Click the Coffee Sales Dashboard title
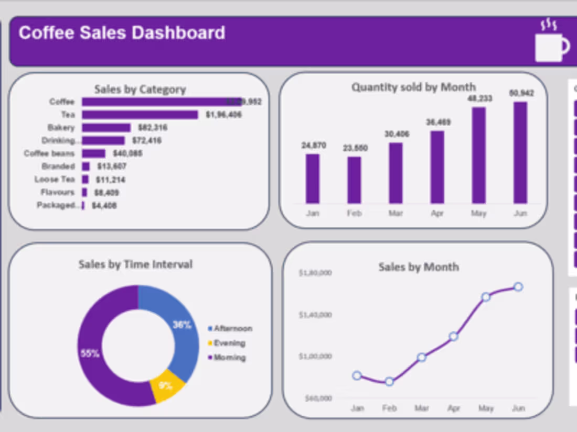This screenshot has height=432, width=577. [122, 33]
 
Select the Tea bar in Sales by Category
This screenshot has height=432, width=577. [140, 115]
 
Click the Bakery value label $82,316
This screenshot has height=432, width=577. [153, 128]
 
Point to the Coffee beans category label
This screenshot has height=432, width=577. [49, 153]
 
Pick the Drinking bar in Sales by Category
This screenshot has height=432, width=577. [103, 140]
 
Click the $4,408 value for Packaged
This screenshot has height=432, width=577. [104, 206]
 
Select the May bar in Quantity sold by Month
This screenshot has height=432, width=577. [479, 155]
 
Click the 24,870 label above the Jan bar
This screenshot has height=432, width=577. [314, 145]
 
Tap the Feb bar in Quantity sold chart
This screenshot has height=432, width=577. [355, 180]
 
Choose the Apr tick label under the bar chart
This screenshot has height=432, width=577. [437, 214]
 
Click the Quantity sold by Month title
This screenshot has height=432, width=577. [413, 87]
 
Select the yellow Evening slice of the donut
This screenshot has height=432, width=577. [167, 386]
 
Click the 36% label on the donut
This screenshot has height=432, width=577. [181, 325]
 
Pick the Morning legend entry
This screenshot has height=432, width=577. [228, 358]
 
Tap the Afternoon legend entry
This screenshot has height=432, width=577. [231, 329]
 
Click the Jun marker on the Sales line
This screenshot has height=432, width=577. [518, 287]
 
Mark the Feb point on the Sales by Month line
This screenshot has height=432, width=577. [389, 382]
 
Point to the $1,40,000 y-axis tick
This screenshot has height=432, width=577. [315, 315]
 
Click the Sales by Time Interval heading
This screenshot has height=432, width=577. [135, 264]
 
